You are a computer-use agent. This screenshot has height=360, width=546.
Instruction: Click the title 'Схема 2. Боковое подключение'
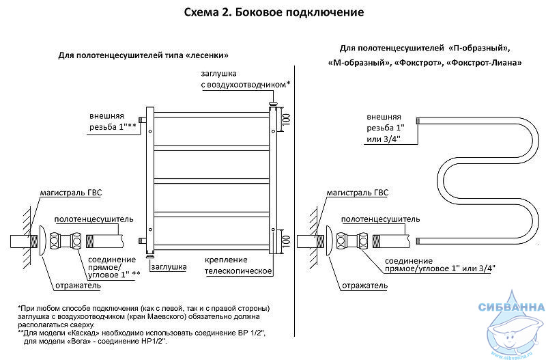[274, 12]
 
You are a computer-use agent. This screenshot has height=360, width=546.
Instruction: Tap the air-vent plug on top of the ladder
[273, 104]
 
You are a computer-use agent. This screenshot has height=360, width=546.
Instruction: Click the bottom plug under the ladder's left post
[150, 256]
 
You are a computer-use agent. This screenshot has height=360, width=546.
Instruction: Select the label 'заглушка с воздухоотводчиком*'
[246, 79]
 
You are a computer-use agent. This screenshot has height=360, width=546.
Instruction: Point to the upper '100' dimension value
[286, 120]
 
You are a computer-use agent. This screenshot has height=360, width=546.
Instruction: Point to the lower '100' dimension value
[286, 241]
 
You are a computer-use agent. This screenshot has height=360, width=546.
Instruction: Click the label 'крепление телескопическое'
[238, 265]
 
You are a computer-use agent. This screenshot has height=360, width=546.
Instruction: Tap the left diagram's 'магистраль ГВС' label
[71, 193]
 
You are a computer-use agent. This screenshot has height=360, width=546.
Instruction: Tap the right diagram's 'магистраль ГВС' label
[357, 193]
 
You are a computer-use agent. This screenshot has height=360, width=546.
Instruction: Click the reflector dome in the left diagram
[42, 241]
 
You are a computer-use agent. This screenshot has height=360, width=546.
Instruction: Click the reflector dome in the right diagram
[329, 241]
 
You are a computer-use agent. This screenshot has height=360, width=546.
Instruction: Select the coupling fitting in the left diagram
[66, 241]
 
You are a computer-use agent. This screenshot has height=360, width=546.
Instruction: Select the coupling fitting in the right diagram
[352, 241]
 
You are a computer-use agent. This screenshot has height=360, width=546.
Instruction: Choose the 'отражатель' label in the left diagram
[78, 286]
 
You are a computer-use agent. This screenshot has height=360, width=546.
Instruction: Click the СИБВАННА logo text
[511, 307]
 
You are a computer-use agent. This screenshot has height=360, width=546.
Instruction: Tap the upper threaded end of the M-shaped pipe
[419, 121]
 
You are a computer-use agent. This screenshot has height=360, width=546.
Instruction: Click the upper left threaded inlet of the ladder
[143, 120]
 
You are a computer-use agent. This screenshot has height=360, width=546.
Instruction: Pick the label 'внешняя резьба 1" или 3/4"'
[385, 128]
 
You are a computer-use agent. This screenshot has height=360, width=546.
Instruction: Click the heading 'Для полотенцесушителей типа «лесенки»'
[143, 55]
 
